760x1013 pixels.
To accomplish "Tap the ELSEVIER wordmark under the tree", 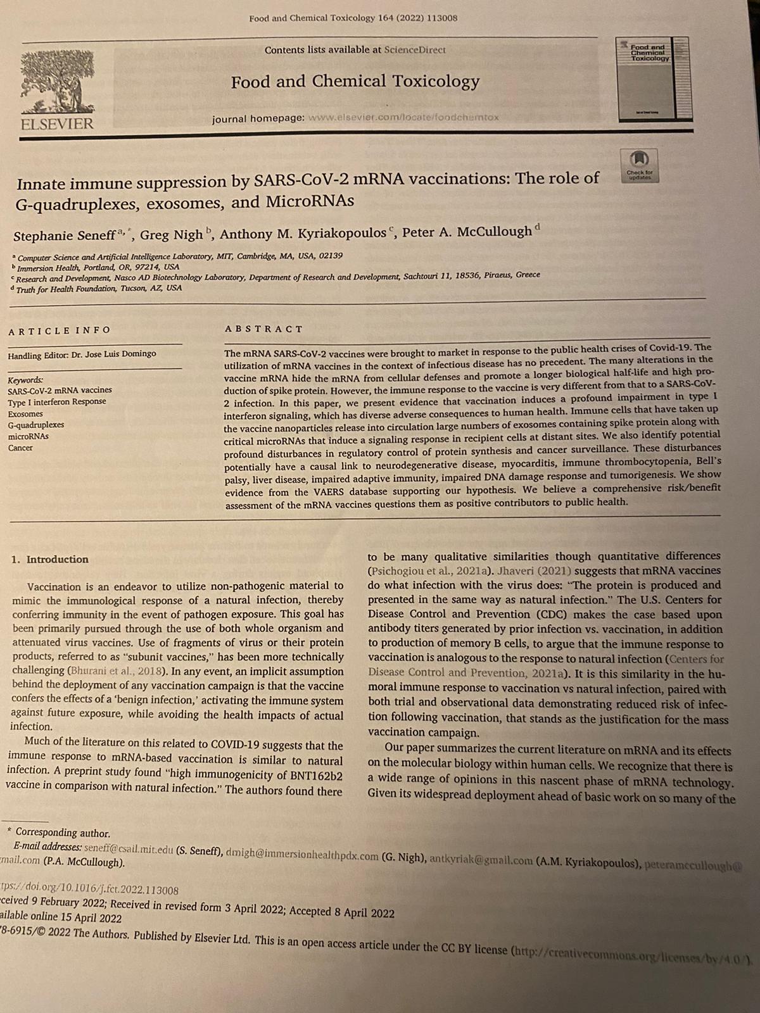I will (57, 123).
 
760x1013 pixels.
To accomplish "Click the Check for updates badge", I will (640, 165).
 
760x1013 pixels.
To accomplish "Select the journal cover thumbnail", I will (652, 79).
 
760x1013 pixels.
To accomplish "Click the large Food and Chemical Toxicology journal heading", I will (355, 82).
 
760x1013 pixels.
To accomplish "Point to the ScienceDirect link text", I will (415, 49).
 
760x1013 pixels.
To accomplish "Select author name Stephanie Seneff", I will (64, 236).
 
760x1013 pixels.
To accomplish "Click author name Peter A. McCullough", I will (467, 232).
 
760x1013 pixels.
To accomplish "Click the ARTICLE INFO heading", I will (60, 330).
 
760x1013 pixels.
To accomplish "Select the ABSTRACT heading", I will (263, 329).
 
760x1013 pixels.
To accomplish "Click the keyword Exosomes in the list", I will (25, 413).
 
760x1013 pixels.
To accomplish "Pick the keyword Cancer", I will (20, 448).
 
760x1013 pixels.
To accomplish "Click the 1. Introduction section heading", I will (51, 559).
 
